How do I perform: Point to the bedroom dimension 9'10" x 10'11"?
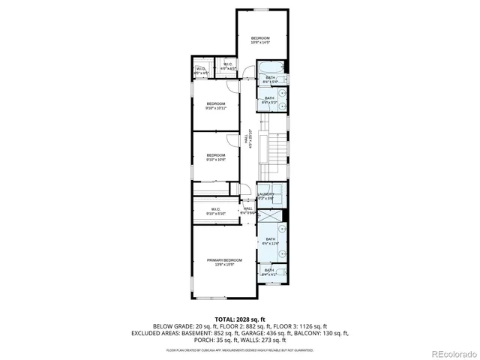(216, 109)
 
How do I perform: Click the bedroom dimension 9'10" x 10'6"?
(216, 160)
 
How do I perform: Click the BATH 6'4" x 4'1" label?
(269, 272)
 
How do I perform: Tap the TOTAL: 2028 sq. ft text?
(240, 319)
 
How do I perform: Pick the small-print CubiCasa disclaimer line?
(240, 349)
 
